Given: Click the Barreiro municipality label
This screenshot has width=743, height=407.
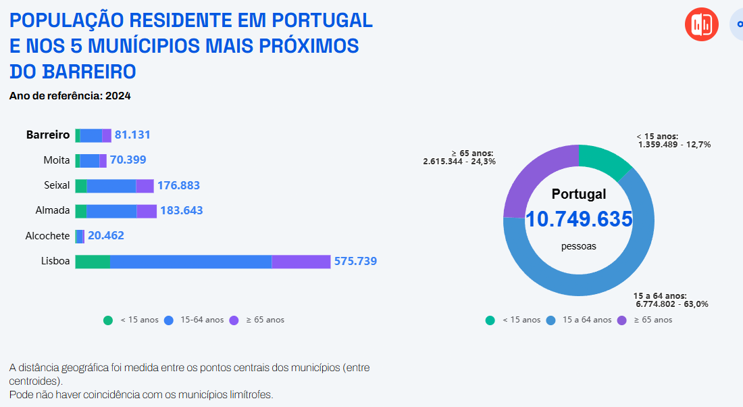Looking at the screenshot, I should pyautogui.click(x=48, y=135).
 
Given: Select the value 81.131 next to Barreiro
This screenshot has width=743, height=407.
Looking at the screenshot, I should pyautogui.click(x=132, y=135).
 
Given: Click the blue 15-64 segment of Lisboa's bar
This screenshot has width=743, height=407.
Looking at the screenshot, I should pyautogui.click(x=190, y=262).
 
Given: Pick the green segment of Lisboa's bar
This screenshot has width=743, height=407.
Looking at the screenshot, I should pyautogui.click(x=93, y=262).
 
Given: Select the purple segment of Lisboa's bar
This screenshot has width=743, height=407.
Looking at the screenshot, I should pyautogui.click(x=301, y=262).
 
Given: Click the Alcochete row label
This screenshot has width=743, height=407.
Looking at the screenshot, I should pyautogui.click(x=47, y=236).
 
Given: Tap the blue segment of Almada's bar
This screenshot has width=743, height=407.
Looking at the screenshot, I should pyautogui.click(x=111, y=211).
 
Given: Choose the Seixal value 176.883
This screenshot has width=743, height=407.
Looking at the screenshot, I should pyautogui.click(x=178, y=185).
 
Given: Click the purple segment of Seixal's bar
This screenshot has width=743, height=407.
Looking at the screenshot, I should pyautogui.click(x=145, y=186).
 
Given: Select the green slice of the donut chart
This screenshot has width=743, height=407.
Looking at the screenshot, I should pyautogui.click(x=603, y=158).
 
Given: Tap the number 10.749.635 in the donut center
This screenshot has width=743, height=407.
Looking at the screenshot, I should pyautogui.click(x=579, y=219).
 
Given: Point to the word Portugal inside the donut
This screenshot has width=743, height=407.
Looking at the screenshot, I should pyautogui.click(x=579, y=194).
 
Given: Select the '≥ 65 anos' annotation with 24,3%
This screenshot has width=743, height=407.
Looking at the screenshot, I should pyautogui.click(x=459, y=158).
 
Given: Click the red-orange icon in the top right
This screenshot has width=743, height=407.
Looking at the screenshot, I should pyautogui.click(x=702, y=25).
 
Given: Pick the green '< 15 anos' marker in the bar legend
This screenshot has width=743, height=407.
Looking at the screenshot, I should pyautogui.click(x=108, y=320).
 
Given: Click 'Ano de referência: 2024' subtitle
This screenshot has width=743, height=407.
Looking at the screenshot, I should pyautogui.click(x=70, y=96).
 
